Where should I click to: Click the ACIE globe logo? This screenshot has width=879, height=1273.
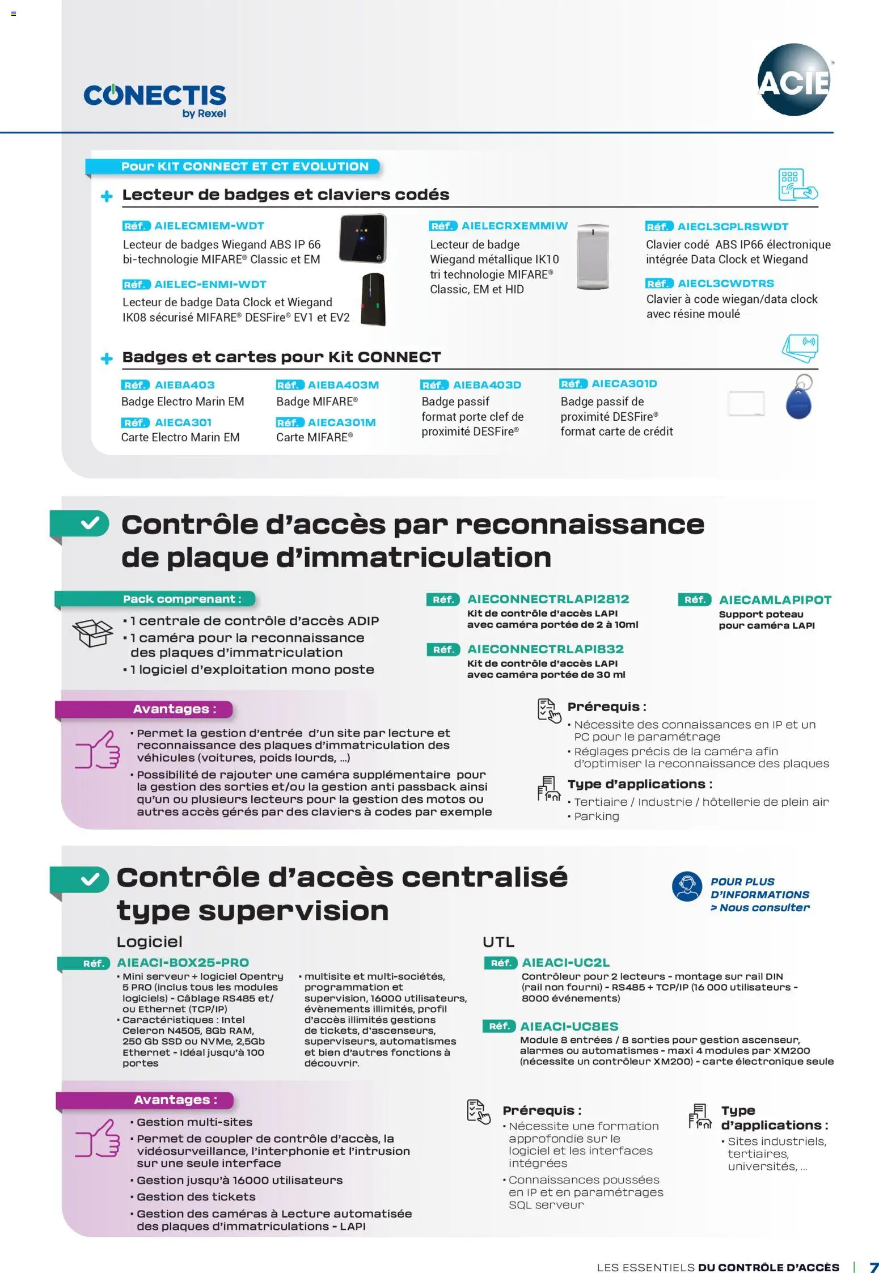(793, 80)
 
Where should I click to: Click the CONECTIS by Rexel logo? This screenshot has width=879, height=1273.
(155, 100)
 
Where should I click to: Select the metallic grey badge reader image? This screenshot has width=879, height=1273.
(593, 256)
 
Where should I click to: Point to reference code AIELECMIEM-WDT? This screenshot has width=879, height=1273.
(209, 226)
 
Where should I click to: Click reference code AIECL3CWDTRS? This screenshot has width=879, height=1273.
(725, 283)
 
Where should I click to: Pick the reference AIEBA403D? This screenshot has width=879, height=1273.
(487, 385)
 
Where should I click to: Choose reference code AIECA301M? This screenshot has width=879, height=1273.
(341, 422)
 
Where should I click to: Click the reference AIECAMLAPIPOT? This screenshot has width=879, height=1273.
(775, 600)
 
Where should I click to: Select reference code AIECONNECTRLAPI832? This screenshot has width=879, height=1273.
(545, 649)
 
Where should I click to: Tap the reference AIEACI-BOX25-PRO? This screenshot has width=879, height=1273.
(183, 962)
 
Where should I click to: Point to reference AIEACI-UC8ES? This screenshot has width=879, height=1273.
(569, 1026)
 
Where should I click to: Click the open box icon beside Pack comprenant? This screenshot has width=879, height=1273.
(93, 632)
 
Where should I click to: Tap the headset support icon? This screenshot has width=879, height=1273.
(687, 886)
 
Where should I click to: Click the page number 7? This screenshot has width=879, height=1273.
(873, 1267)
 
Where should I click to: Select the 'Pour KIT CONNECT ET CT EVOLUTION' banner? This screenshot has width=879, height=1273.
(244, 167)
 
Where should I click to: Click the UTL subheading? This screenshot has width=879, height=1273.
(498, 942)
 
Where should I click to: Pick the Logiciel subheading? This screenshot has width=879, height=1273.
(149, 942)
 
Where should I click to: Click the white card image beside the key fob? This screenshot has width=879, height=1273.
(746, 403)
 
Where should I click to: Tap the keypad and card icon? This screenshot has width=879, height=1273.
(797, 185)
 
